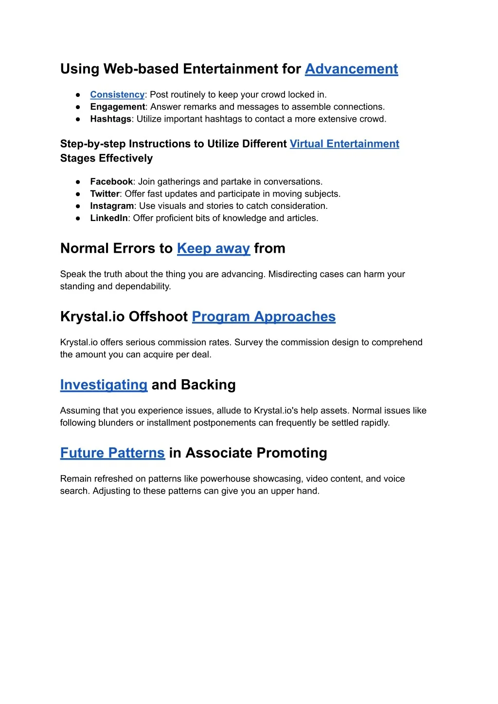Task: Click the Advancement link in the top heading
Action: [351, 69]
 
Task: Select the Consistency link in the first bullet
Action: [117, 94]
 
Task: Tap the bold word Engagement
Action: [117, 107]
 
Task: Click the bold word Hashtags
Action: [110, 119]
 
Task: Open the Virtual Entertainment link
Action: [344, 144]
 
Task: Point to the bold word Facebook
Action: [111, 182]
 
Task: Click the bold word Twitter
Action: [105, 194]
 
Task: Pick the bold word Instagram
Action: [112, 206]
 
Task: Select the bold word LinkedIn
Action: [109, 218]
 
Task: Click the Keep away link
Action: [213, 248]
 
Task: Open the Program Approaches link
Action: [264, 316]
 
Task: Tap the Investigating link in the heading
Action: [104, 385]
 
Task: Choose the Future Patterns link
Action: [112, 453]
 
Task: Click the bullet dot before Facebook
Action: [78, 182]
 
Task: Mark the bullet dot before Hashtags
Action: [78, 119]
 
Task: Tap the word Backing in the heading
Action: [208, 385]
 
